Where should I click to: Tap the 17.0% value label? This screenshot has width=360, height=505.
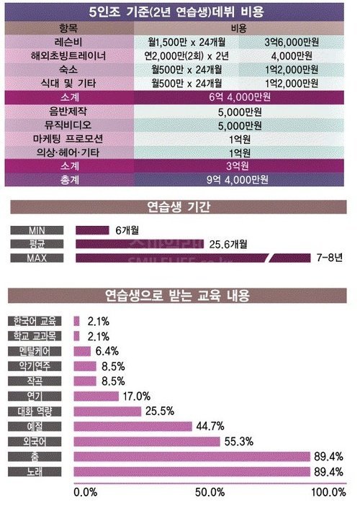pyautogui.click(x=137, y=396)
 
